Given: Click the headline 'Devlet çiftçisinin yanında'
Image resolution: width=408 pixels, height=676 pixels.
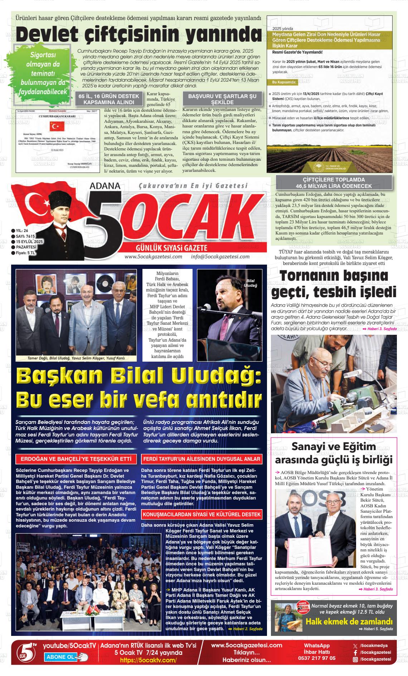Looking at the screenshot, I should [139, 35].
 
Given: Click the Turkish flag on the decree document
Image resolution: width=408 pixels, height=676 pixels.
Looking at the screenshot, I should [57, 126].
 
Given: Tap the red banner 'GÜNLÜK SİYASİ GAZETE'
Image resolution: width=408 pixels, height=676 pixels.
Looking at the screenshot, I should [174, 248].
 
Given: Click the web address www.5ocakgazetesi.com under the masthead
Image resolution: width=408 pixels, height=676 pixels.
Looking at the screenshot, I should [153, 257].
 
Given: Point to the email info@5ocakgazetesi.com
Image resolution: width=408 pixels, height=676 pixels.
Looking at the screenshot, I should [220, 257].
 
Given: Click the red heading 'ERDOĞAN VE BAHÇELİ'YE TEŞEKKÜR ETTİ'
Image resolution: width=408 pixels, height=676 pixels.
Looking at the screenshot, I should [76, 459].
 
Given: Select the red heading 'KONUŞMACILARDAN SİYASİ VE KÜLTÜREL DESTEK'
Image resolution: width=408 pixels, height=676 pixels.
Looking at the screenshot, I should [201, 515].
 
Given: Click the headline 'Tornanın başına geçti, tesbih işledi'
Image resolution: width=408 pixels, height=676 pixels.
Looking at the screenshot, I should [334, 284].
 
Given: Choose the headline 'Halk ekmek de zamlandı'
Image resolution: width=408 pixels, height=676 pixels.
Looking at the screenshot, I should [349, 622].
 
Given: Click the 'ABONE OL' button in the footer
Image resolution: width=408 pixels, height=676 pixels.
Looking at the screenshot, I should [62, 657].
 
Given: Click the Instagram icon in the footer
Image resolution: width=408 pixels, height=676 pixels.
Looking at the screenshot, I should [355, 659].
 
